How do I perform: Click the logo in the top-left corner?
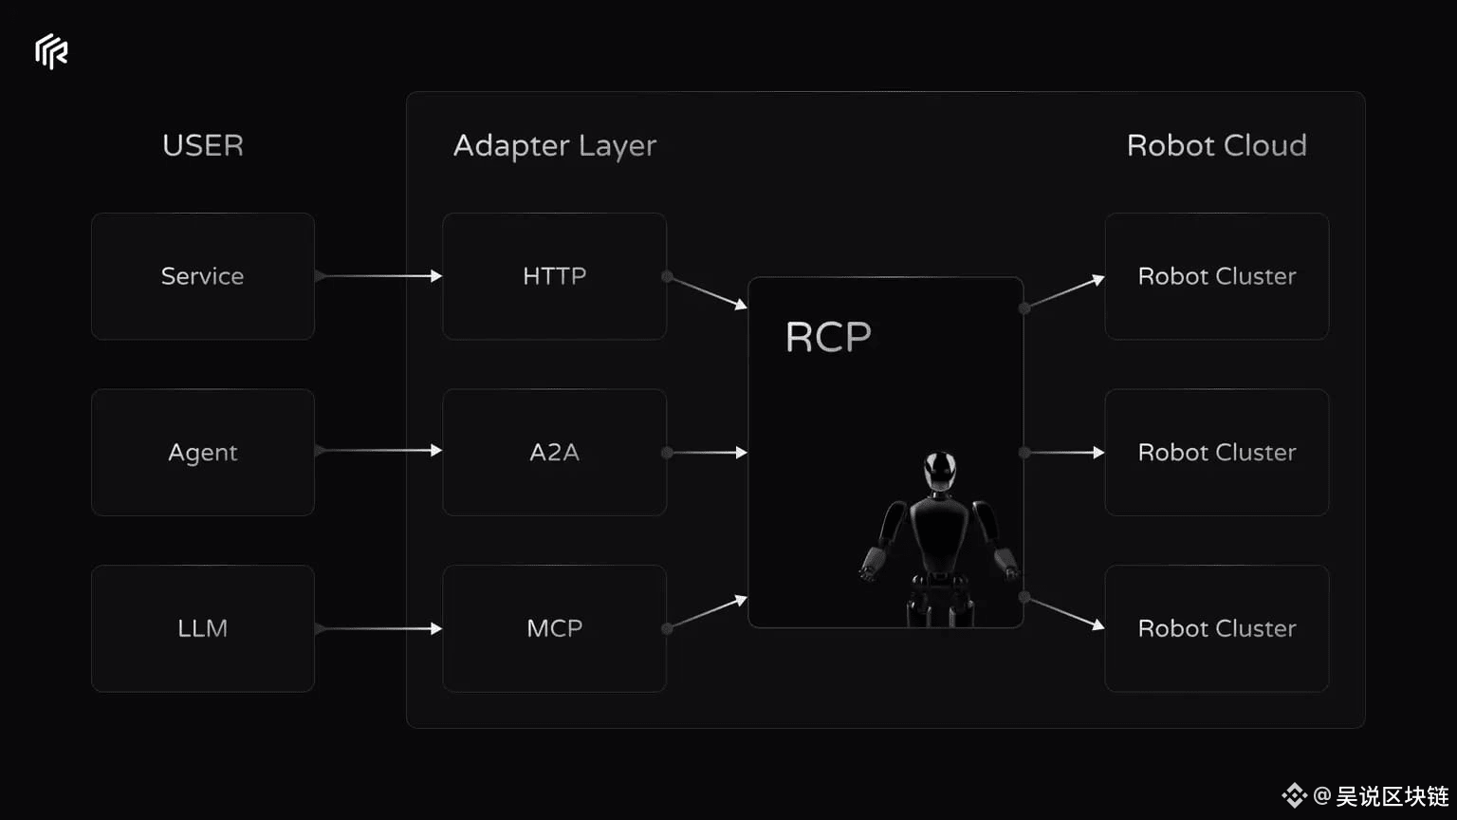pyautogui.click(x=51, y=51)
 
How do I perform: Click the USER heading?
pyautogui.click(x=203, y=145)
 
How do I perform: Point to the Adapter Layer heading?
pyautogui.click(x=555, y=146)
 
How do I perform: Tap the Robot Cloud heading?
pyautogui.click(x=1217, y=145)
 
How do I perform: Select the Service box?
pyautogui.click(x=203, y=276)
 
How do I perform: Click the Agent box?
pyautogui.click(x=203, y=453)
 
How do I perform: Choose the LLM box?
pyautogui.click(x=203, y=628)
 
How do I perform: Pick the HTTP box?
pyautogui.click(x=555, y=276)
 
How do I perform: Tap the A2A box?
pyautogui.click(x=555, y=453)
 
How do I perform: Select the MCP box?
pyautogui.click(x=555, y=628)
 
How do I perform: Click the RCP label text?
pyautogui.click(x=828, y=337)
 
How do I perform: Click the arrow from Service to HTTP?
pyautogui.click(x=378, y=276)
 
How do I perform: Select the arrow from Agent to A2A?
pyautogui.click(x=378, y=451)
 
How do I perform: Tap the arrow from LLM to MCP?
pyautogui.click(x=378, y=628)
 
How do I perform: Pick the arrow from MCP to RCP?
pyautogui.click(x=707, y=613)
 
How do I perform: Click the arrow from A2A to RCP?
pyautogui.click(x=707, y=453)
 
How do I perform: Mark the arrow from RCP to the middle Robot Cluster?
pyautogui.click(x=1064, y=453)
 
